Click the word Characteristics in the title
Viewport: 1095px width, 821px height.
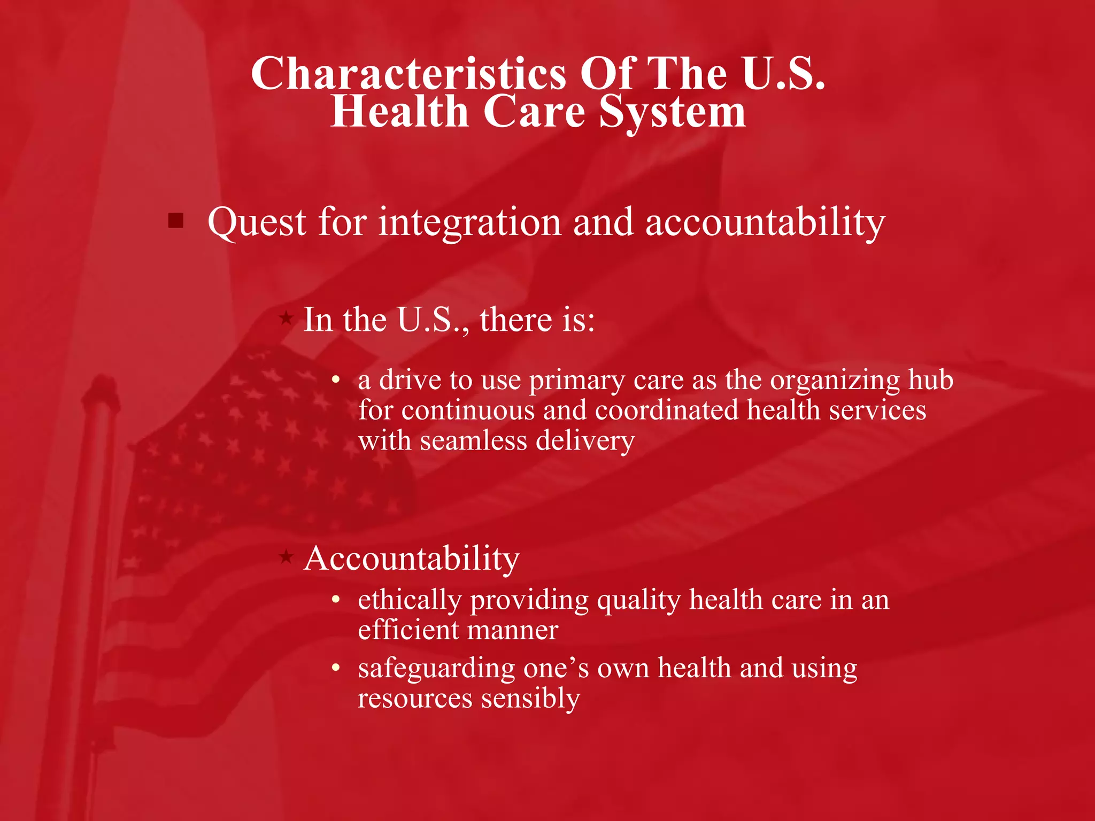(x=408, y=74)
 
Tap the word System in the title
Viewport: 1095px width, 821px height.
(x=672, y=112)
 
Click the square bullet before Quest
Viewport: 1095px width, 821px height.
(x=176, y=220)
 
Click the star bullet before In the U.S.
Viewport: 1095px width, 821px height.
(x=287, y=319)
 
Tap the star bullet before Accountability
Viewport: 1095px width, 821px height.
(x=287, y=557)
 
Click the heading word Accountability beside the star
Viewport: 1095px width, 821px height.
(x=411, y=559)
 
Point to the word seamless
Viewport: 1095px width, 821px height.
(x=473, y=441)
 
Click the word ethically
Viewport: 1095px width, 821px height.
(x=409, y=600)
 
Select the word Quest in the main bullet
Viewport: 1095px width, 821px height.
(x=257, y=222)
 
